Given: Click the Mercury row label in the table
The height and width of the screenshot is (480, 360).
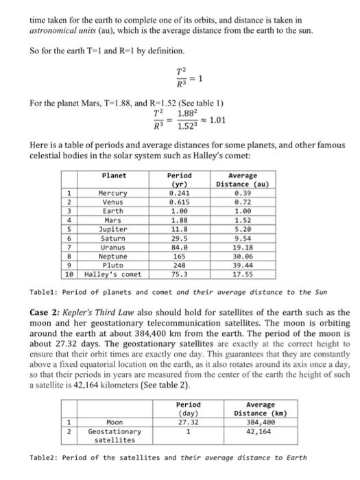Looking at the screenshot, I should (x=114, y=193).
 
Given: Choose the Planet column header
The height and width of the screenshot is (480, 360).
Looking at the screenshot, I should (x=114, y=176).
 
